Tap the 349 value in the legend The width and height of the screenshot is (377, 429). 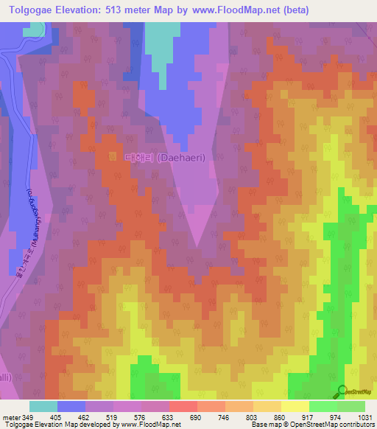click(x=25, y=416)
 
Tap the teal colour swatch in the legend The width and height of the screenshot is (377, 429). click(x=43, y=406)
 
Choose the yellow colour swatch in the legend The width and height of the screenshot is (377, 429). click(x=295, y=406)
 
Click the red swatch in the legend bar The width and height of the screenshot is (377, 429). click(x=183, y=406)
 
